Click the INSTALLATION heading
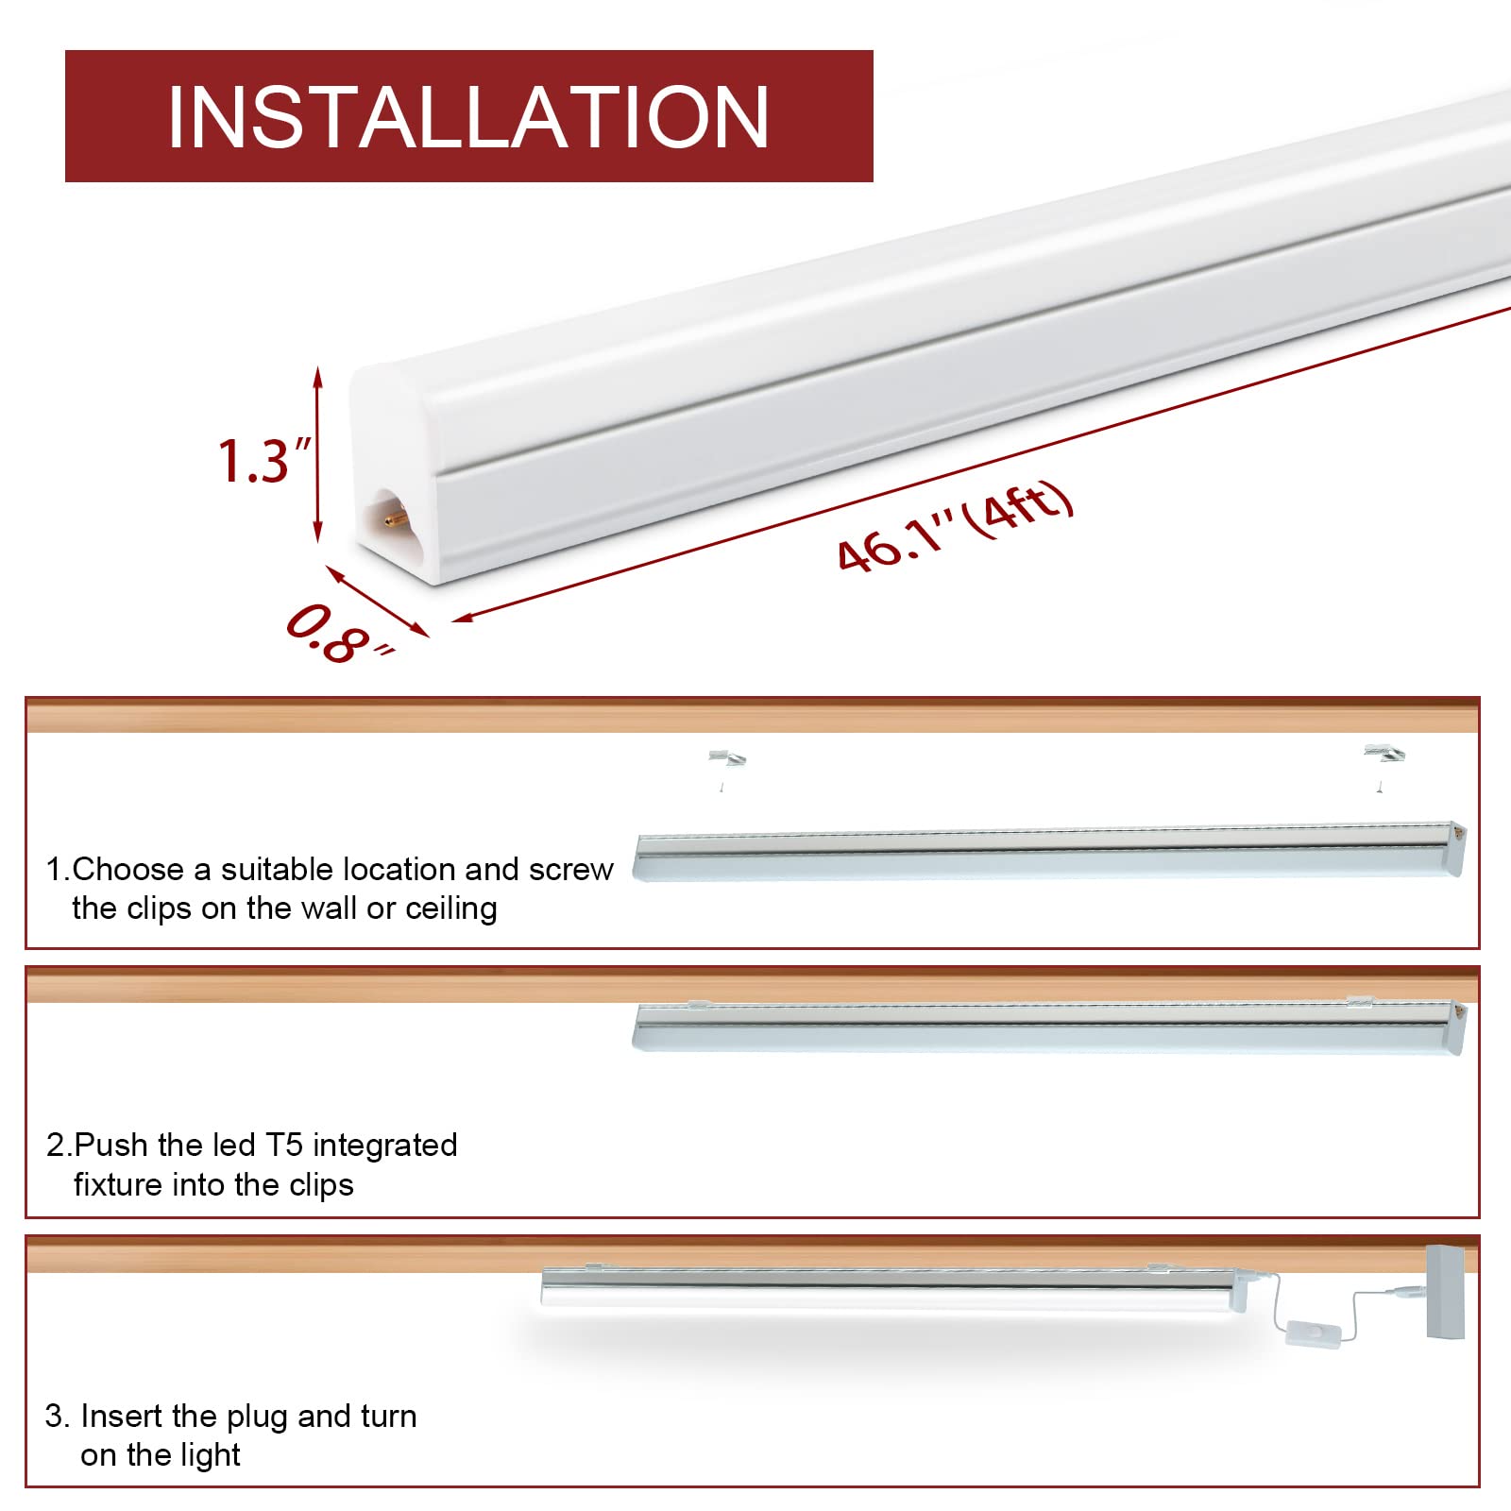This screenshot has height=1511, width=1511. point(468,116)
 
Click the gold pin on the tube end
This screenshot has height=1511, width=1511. point(395,518)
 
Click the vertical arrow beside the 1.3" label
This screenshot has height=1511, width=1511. point(318,454)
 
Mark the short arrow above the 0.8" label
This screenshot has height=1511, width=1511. point(377,600)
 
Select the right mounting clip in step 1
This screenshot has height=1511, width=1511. point(1383,755)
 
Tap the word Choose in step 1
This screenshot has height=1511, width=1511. point(127,869)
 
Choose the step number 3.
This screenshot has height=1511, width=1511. point(56,1417)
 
